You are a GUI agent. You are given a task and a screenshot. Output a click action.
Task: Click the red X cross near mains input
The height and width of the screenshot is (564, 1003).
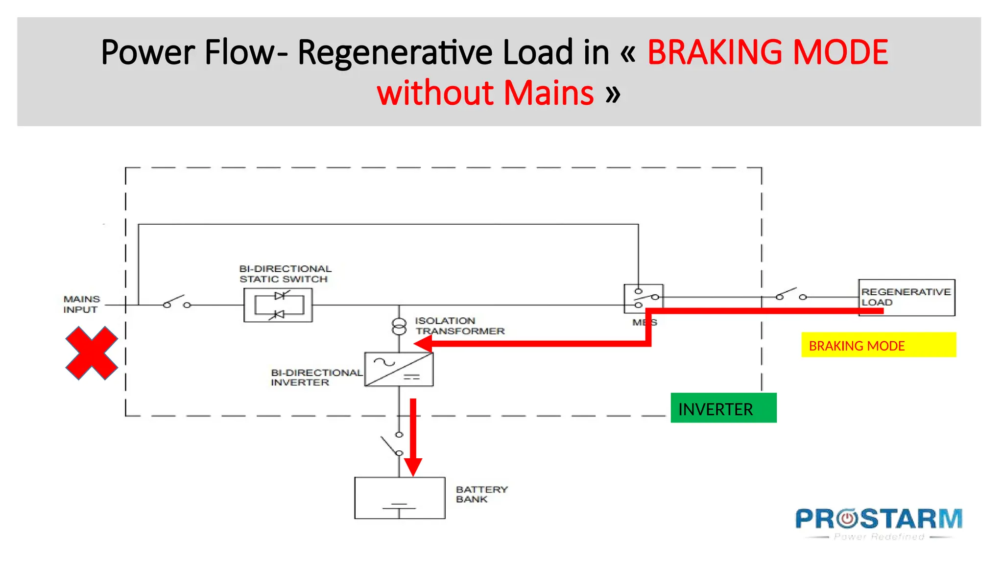92,353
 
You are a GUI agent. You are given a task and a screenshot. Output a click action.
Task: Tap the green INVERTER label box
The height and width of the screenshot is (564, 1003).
723,408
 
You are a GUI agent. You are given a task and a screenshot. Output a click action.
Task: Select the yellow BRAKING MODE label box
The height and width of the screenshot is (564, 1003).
878,345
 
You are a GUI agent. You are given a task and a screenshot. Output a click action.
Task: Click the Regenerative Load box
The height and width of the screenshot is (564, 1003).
907,298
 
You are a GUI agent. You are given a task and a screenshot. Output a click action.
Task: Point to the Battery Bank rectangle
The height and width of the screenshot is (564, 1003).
400,497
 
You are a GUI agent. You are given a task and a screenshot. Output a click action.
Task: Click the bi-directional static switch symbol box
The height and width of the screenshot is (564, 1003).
278,305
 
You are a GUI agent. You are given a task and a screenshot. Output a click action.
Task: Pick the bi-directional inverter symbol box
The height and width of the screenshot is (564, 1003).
399,369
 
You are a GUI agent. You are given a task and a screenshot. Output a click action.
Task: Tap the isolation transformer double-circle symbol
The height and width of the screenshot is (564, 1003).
399,326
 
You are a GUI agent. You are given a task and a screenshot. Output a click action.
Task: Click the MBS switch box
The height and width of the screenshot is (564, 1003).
643,298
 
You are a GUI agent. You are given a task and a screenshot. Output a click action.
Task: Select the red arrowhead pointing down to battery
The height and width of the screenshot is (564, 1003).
413,467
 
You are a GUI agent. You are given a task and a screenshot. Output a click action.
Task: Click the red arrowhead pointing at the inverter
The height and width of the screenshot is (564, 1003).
423,344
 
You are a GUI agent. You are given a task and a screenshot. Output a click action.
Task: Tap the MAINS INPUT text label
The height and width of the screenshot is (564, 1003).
81,304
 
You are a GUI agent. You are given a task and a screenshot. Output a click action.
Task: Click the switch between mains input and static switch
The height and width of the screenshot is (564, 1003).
176,302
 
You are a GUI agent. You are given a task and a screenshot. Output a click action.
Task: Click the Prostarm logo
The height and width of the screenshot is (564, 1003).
879,523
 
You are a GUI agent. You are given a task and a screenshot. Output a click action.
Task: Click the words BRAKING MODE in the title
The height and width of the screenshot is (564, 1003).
767,52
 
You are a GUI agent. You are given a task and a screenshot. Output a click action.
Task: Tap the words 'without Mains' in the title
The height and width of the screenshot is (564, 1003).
485,93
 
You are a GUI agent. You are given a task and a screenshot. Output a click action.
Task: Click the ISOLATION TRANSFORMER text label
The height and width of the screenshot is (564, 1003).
459,326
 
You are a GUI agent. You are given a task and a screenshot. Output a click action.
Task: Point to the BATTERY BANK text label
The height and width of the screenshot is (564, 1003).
481,494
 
